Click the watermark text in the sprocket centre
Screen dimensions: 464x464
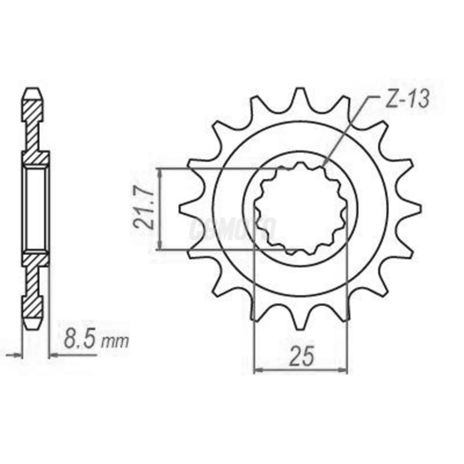coord(232,229)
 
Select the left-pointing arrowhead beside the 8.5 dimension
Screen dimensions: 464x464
coord(53,355)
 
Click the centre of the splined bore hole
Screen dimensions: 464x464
coord(300,209)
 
